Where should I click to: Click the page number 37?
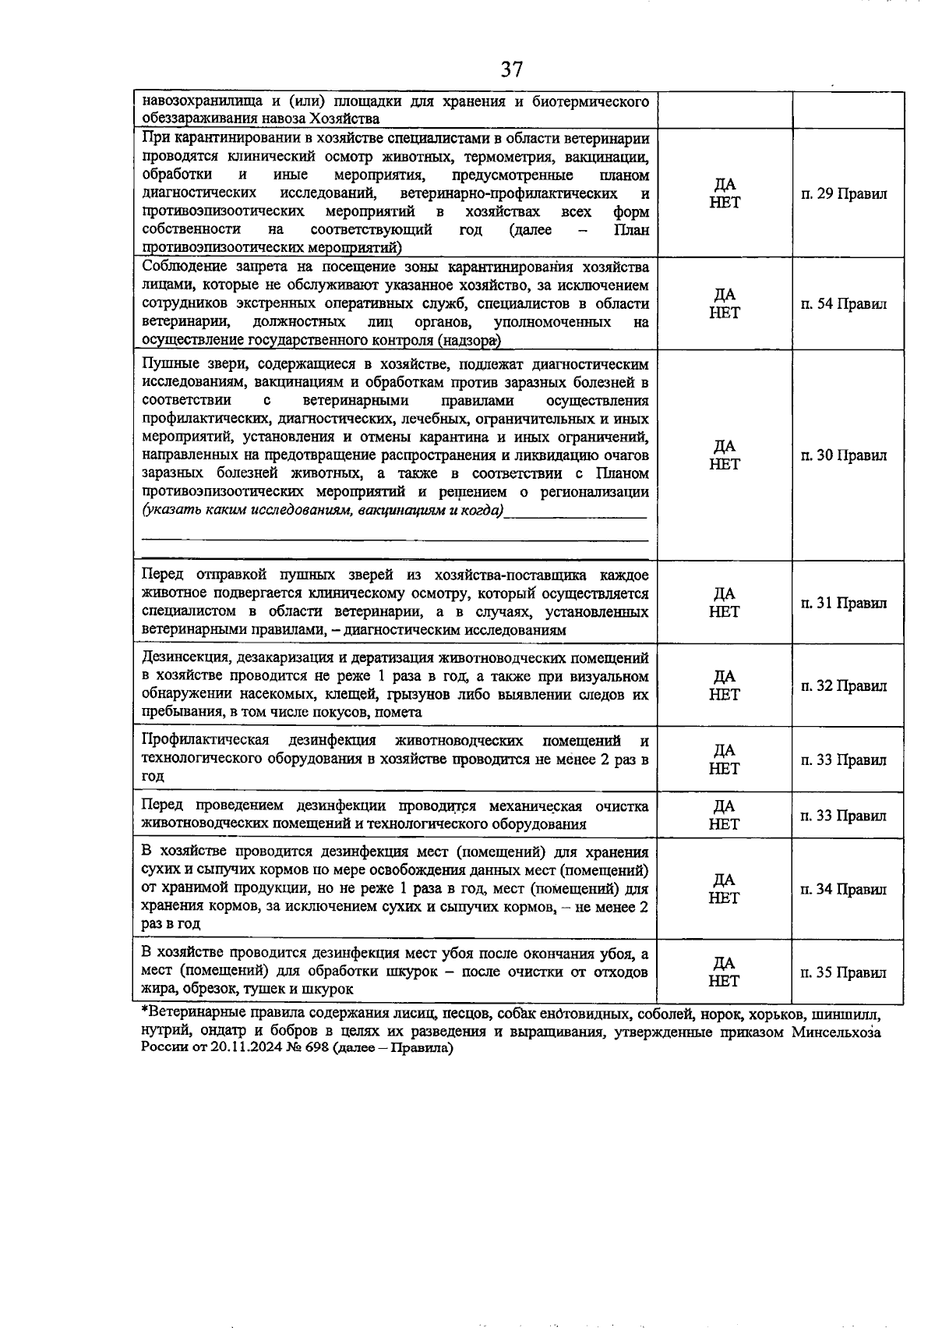tap(511, 69)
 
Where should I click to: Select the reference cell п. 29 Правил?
tap(844, 193)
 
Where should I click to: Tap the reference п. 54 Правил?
tap(844, 304)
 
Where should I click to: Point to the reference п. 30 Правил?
tap(844, 455)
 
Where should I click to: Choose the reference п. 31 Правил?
tap(844, 603)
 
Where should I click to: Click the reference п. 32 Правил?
tap(844, 685)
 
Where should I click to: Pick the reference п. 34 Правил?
tap(844, 889)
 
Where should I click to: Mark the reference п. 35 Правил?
tap(844, 972)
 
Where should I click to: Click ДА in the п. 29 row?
tap(725, 185)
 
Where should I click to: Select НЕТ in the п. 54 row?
tap(725, 313)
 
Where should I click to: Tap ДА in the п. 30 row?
tap(725, 446)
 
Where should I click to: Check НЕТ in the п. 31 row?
tap(725, 612)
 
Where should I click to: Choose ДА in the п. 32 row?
tap(725, 676)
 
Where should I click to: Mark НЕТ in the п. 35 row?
tap(725, 981)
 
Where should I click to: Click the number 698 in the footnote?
tap(316, 1048)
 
